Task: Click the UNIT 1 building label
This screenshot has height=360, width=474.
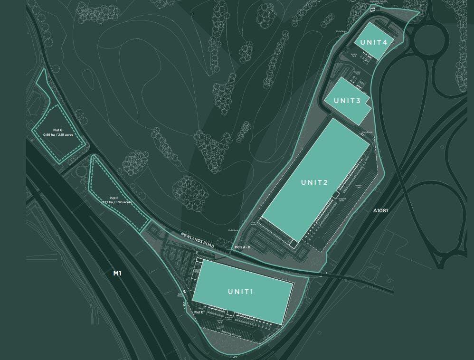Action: click(240, 292)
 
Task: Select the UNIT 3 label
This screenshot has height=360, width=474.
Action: click(347, 101)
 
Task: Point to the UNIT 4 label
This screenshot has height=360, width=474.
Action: click(373, 42)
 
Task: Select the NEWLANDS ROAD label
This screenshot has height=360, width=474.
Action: click(198, 240)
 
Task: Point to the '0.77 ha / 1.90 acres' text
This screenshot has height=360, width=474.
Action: click(116, 202)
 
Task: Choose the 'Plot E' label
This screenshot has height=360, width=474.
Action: click(199, 312)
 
